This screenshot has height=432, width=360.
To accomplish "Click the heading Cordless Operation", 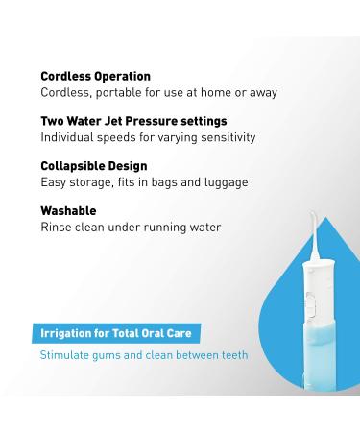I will point(95,76).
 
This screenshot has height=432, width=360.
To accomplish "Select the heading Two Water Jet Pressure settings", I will point(133,121).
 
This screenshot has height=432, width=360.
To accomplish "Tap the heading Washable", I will point(68,210).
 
